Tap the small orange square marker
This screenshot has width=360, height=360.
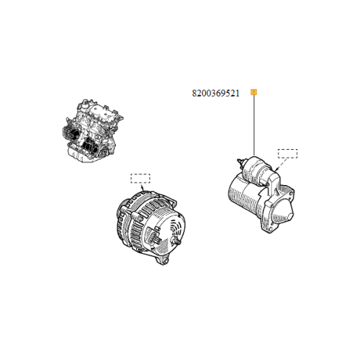click(253, 93)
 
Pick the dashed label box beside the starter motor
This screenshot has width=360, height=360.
click(288, 153)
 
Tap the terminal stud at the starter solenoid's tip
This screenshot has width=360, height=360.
click(238, 160)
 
